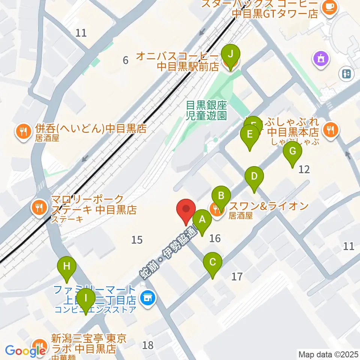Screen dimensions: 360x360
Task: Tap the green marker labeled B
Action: (x=221, y=196)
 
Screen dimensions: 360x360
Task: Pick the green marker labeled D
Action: (x=254, y=176)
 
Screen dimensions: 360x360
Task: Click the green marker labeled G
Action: (x=292, y=151)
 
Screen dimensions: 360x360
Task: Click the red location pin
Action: (x=186, y=210)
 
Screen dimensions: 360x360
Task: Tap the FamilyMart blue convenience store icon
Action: (x=147, y=298)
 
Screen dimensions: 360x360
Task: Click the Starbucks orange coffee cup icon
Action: (x=330, y=6)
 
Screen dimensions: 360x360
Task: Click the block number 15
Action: (x=137, y=239)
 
